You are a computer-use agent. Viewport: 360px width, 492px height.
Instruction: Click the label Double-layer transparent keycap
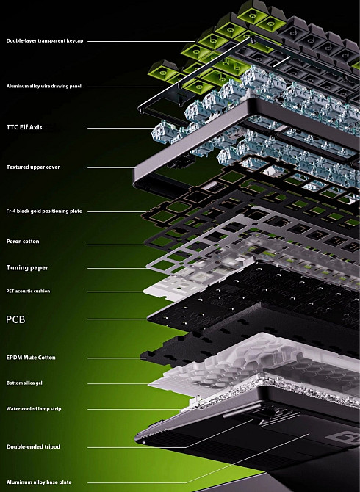45,41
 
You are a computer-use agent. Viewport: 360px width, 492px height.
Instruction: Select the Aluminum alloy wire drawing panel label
44,86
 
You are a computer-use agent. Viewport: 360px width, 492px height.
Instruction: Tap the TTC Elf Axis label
24,127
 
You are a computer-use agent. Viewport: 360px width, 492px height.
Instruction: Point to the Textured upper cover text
33,167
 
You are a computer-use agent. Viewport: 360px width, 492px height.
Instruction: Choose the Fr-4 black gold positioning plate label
44,211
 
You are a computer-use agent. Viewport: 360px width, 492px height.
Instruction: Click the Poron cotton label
23,242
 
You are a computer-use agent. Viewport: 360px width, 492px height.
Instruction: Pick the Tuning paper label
27,267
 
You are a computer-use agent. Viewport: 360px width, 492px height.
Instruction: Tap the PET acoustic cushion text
28,292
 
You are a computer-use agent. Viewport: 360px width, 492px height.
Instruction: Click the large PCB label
15,319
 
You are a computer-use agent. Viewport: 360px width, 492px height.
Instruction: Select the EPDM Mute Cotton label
31,358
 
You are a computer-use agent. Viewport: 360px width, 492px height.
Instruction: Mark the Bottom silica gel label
24,383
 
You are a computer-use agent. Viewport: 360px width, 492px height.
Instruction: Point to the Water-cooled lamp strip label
34,409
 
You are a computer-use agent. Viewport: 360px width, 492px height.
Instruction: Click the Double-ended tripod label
33,446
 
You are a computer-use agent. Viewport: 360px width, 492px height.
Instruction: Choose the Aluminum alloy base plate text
39,482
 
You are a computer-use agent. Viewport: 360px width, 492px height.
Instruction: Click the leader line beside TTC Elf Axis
120,128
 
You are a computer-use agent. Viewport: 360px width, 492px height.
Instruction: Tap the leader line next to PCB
118,319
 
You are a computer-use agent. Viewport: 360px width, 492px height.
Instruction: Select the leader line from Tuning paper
118,268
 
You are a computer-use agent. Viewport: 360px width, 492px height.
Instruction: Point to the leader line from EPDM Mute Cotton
115,358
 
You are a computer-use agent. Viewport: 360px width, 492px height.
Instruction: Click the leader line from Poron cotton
116,245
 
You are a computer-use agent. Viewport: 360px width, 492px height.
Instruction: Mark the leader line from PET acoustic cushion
115,292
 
